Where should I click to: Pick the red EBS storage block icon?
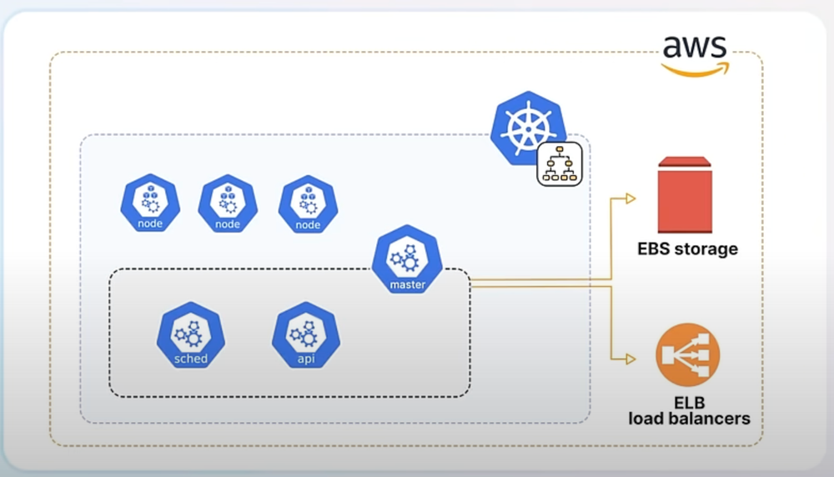(685, 195)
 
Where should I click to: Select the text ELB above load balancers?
(689, 402)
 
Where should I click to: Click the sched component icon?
(190, 337)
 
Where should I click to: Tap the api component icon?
(304, 337)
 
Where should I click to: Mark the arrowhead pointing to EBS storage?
(631, 198)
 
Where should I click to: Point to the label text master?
(407, 285)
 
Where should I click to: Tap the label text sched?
(190, 359)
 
